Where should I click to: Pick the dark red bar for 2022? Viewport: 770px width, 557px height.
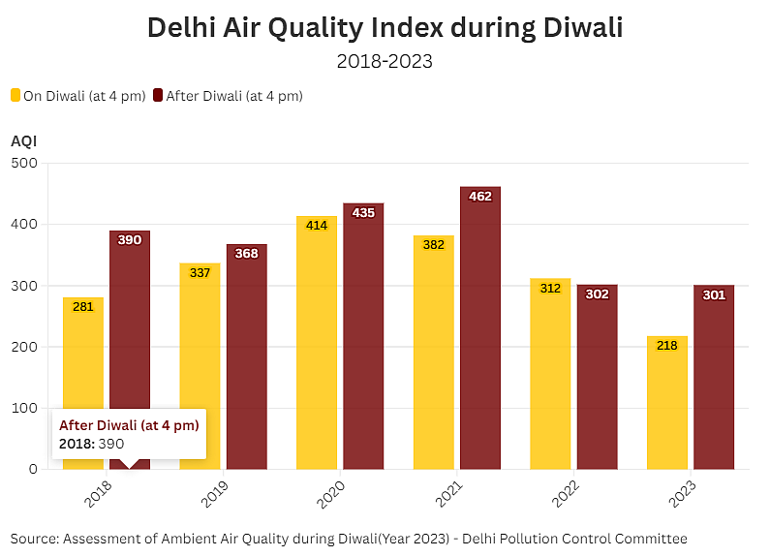[x=598, y=377]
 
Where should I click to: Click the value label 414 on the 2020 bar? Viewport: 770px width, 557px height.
[x=317, y=226]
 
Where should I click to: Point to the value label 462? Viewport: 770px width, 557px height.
[x=480, y=197]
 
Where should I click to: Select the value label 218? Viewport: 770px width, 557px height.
[x=666, y=345]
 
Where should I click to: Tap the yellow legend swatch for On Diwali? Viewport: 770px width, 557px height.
[x=15, y=95]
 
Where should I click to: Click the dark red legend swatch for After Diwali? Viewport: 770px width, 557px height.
[x=158, y=95]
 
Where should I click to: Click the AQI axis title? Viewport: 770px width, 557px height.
[x=24, y=141]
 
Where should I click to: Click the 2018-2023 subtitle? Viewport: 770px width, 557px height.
[x=385, y=61]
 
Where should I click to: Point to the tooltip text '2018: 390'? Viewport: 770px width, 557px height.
[x=92, y=443]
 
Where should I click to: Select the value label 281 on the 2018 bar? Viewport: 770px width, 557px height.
[x=83, y=307]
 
